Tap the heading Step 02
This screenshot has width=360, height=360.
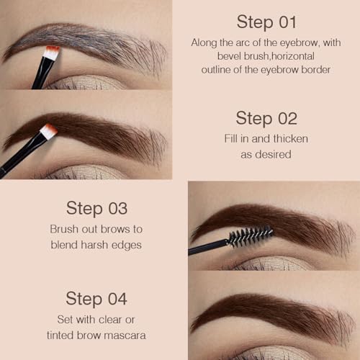(x=267, y=118)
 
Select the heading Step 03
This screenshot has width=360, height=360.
(x=96, y=208)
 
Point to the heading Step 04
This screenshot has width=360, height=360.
(x=96, y=298)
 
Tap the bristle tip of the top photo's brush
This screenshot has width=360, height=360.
(x=51, y=52)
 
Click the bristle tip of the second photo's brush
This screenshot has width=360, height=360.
(x=48, y=131)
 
